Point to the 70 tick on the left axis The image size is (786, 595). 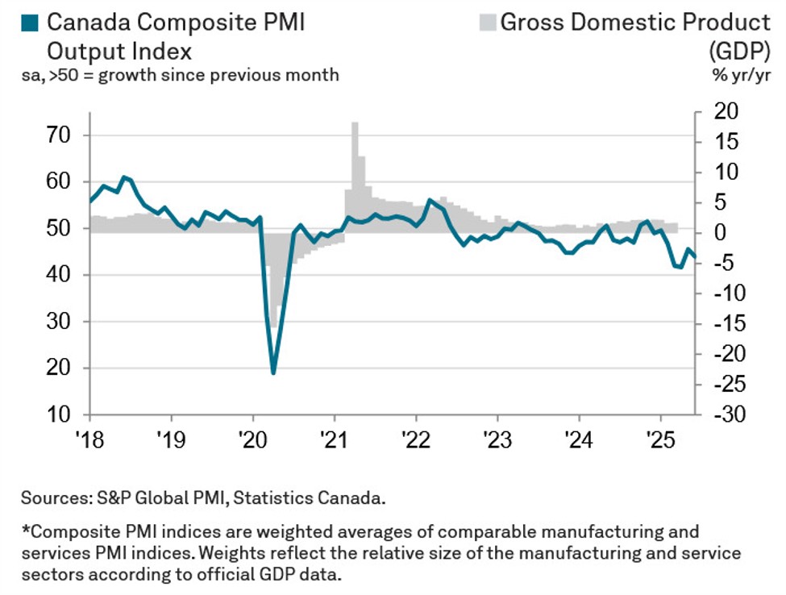coord(62,135)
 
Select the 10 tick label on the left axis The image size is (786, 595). coord(62,415)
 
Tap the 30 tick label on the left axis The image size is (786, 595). coord(62,322)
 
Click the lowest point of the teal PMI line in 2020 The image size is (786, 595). coord(273,372)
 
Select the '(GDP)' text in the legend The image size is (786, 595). coord(739,51)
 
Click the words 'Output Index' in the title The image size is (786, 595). coord(119,51)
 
